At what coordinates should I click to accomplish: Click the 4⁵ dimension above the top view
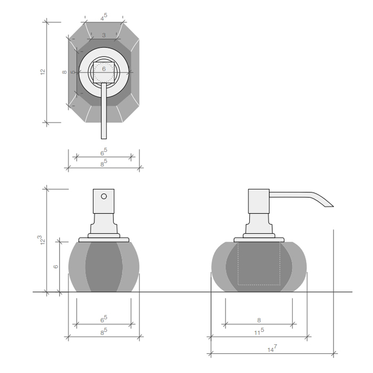[103, 17]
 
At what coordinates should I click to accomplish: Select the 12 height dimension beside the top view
[43, 71]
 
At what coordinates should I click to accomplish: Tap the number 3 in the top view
[103, 35]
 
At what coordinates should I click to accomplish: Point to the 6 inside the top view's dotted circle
[104, 69]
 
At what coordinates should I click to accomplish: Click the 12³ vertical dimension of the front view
[42, 240]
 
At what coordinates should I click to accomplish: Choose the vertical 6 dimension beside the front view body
[56, 266]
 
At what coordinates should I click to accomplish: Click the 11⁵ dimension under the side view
[259, 331]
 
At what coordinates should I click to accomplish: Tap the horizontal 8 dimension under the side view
[259, 320]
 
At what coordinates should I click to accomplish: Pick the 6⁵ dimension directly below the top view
[103, 152]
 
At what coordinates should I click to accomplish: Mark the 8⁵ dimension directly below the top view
[103, 163]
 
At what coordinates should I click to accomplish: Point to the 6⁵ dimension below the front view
[103, 319]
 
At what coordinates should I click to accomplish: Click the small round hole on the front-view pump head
[104, 196]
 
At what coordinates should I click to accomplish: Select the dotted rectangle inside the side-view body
[259, 264]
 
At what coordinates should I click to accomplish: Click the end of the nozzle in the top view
[104, 136]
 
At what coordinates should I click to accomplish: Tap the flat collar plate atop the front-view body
[104, 239]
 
